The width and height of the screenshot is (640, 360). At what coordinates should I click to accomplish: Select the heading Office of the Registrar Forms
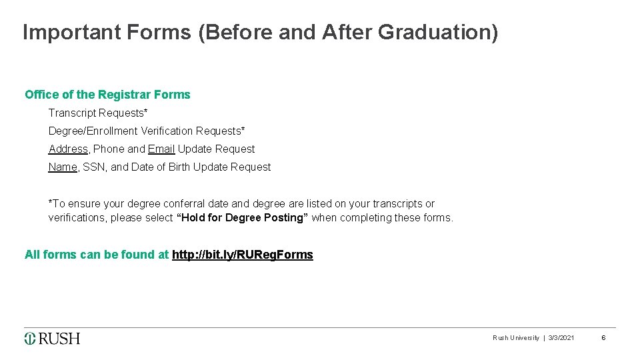pyautogui.click(x=107, y=95)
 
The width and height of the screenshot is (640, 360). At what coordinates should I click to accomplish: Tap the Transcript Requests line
pyautogui.click(x=98, y=113)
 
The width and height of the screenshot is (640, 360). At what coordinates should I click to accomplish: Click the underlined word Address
pyautogui.click(x=68, y=149)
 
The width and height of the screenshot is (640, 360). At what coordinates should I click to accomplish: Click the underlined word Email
pyautogui.click(x=161, y=149)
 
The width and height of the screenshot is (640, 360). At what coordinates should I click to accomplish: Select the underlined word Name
pyautogui.click(x=63, y=167)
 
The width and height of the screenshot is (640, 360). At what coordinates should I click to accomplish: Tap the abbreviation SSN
pyautogui.click(x=94, y=167)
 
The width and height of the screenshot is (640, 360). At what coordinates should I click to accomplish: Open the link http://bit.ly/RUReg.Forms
pyautogui.click(x=243, y=255)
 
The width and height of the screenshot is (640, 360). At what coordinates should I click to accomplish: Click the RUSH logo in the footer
pyautogui.click(x=53, y=339)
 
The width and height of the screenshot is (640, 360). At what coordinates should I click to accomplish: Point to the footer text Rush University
pyautogui.click(x=516, y=338)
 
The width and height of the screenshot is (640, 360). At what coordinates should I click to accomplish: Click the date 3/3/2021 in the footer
pyautogui.click(x=561, y=338)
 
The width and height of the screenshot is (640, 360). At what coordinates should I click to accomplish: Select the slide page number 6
pyautogui.click(x=603, y=338)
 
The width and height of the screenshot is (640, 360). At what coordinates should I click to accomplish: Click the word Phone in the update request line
pyautogui.click(x=109, y=149)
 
